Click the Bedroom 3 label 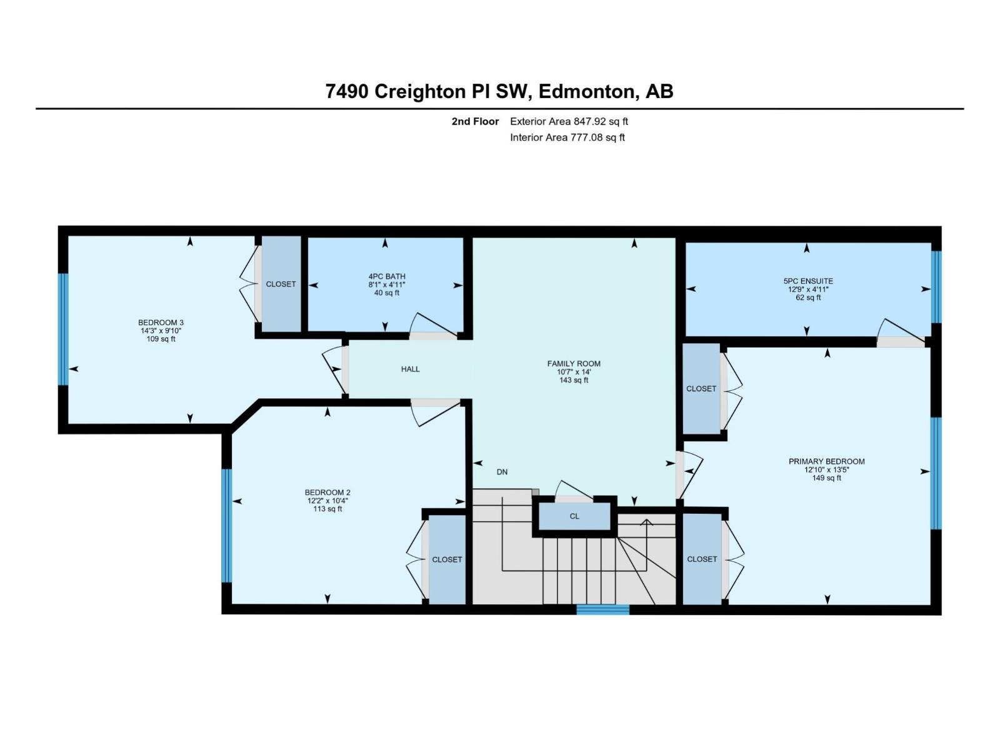coord(161,322)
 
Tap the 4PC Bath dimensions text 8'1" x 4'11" coord(387,285)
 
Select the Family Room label coord(574,363)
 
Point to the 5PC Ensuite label coord(810,281)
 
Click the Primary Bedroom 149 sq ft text coord(826,478)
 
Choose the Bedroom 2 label coord(327,492)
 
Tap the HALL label coord(410,369)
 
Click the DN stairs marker coord(502,472)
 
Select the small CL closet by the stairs coord(574,516)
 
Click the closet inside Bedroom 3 coord(281,284)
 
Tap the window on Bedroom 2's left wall coord(227,526)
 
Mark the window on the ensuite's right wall coord(936,287)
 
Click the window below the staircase coord(602,609)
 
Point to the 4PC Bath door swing coord(432,326)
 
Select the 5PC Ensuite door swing coord(900,331)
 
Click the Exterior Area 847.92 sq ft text coord(569,122)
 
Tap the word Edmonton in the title coord(585,92)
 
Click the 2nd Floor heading coord(475,122)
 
